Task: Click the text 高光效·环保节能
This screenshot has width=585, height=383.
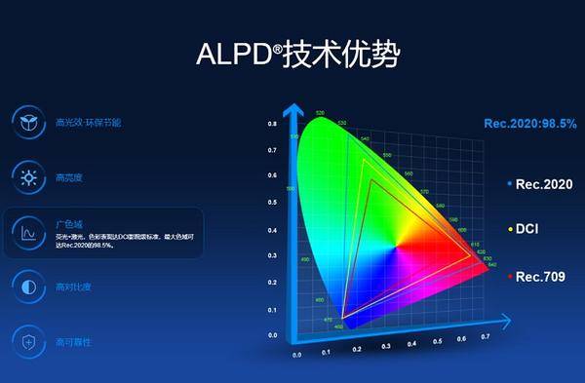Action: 88,124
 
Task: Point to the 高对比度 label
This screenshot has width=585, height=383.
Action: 72,287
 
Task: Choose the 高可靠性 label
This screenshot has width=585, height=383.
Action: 72,341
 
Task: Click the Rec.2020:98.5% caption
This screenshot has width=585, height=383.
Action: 530,123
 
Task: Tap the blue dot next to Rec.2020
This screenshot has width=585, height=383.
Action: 510,184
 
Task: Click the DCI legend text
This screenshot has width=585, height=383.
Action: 527,230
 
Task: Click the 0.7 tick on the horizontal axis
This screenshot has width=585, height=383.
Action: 486,336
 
